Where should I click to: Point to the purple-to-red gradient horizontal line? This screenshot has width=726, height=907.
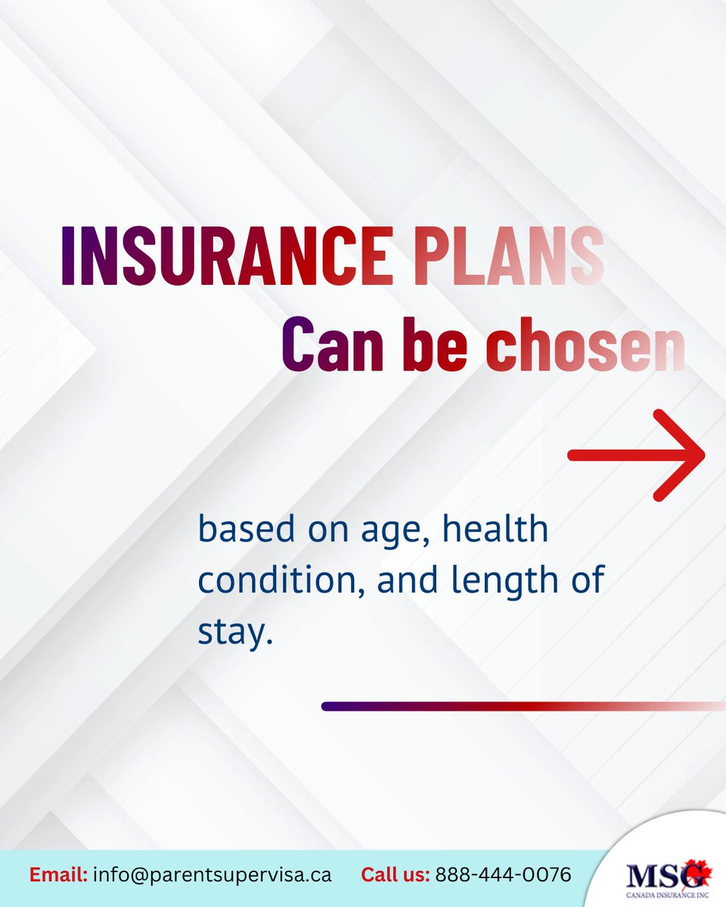[522, 706]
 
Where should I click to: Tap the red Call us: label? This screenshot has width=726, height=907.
[396, 875]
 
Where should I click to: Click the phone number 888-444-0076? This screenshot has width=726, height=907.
[504, 875]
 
